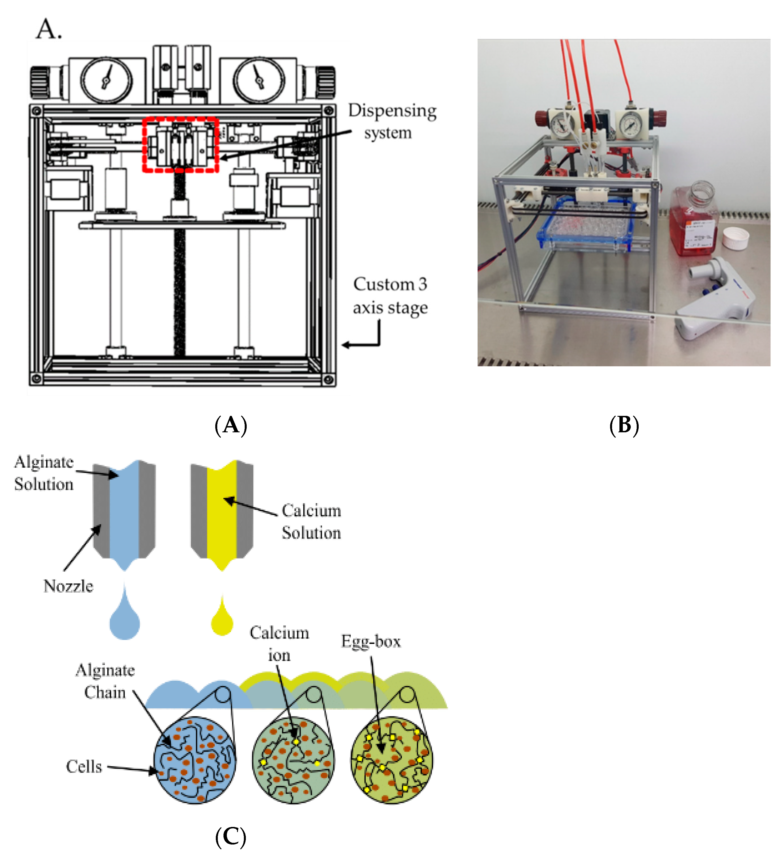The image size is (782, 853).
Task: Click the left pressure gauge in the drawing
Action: (x=106, y=80)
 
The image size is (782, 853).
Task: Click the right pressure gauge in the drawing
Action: (x=259, y=80)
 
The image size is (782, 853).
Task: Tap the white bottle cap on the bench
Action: (x=736, y=238)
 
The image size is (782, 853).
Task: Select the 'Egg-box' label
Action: (x=371, y=642)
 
